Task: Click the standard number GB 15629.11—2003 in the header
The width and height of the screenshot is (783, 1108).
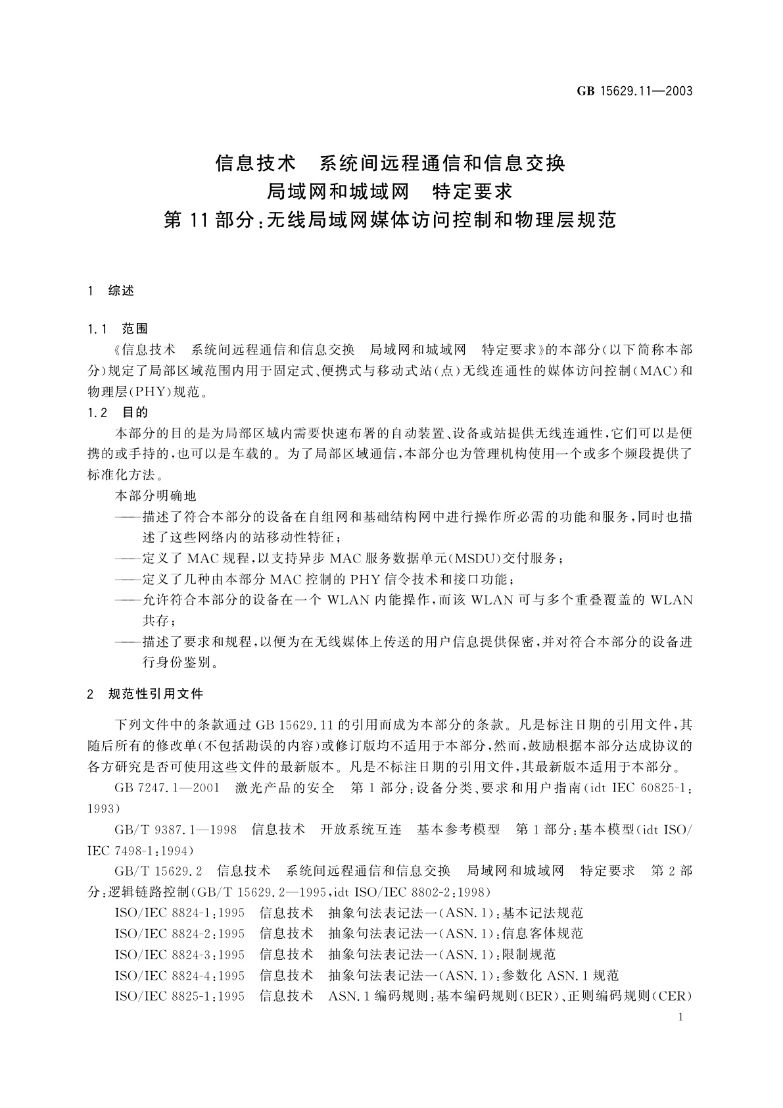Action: [634, 91]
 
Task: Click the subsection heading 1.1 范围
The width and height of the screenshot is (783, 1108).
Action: [118, 328]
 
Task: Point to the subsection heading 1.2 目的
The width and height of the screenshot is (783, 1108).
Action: [118, 413]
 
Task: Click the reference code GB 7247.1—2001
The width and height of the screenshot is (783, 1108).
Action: [167, 788]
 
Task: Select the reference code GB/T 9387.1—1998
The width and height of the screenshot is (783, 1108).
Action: [176, 830]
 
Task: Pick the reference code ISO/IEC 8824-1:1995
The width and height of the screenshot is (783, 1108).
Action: [179, 913]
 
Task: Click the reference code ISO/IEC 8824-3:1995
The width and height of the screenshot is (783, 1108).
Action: [179, 954]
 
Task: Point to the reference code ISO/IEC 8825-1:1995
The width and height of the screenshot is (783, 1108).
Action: [179, 995]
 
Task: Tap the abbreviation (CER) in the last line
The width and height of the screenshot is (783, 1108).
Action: [671, 995]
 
